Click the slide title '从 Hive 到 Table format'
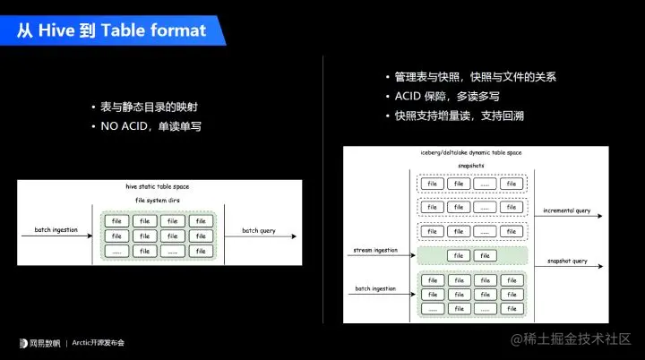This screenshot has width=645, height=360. pyautogui.click(x=111, y=30)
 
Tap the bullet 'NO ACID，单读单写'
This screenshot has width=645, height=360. pyautogui.click(x=151, y=126)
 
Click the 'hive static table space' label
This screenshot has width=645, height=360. pyautogui.click(x=157, y=186)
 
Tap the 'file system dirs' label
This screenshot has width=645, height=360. pyautogui.click(x=157, y=200)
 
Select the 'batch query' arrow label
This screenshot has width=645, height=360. pyautogui.click(x=257, y=231)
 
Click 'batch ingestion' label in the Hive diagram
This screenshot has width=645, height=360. pyautogui.click(x=56, y=231)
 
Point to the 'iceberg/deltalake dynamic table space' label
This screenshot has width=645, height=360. pyautogui.click(x=471, y=153)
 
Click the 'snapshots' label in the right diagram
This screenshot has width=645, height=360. pyautogui.click(x=471, y=166)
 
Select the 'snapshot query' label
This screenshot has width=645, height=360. pyautogui.click(x=567, y=261)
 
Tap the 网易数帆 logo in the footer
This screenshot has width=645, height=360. pyautogui.click(x=40, y=342)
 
